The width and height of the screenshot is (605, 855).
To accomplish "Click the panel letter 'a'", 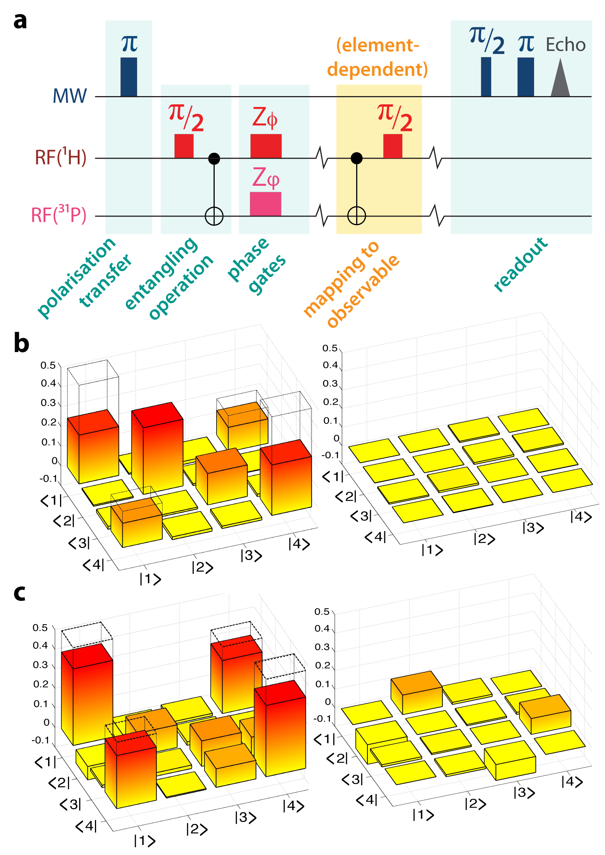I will point(20,21).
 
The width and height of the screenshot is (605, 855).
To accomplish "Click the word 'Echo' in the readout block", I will point(565,45).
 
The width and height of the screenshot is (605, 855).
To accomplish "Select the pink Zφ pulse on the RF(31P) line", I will point(265,204).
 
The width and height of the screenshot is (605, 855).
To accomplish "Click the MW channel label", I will point(70,96).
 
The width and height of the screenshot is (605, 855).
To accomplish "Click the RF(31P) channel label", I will point(59,215).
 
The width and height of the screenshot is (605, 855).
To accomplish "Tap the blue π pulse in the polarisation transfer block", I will point(128,77).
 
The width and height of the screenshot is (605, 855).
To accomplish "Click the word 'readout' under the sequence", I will point(521,264).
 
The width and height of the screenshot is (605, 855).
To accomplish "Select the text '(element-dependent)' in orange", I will point(377,57).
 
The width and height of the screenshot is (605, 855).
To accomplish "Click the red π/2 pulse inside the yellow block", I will point(393,146).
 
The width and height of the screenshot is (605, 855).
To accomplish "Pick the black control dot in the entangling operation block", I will point(214,158).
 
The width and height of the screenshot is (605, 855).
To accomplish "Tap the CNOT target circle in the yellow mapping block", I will point(356,216).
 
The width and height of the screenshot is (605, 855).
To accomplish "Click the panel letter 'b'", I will point(21,343).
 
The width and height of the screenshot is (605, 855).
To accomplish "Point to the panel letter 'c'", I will point(20,593).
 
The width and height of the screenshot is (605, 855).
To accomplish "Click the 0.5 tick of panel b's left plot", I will point(48,366).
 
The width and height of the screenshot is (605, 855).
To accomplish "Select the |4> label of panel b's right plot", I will point(581,517).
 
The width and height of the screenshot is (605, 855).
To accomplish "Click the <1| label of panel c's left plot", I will point(45,762).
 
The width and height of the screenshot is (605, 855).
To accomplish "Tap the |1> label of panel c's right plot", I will point(423,815).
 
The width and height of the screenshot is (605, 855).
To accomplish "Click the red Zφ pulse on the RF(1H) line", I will point(266,146).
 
